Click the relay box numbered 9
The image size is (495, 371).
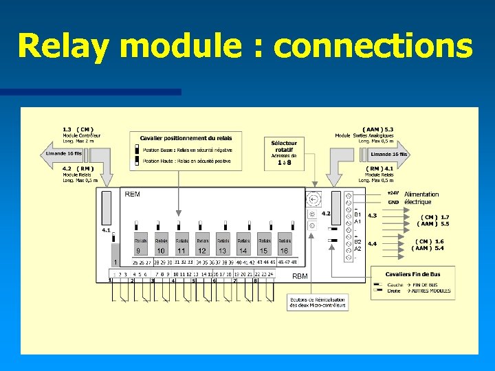pyautogui.click(x=140, y=246)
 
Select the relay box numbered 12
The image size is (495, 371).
pyautogui.click(x=202, y=246)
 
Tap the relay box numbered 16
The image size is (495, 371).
pyautogui.click(x=284, y=246)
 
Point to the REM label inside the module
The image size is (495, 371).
pyautogui.click(x=133, y=194)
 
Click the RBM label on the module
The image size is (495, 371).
pyautogui.click(x=300, y=276)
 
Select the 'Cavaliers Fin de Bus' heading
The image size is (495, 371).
pyautogui.click(x=413, y=273)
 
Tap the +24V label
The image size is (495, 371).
pyautogui.click(x=393, y=193)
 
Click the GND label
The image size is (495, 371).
pyautogui.click(x=393, y=202)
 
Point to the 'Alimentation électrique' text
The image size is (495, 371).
pyautogui.click(x=421, y=198)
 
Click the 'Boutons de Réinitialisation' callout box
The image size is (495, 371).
pyautogui.click(x=317, y=303)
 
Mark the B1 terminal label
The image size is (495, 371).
pyautogui.click(x=357, y=214)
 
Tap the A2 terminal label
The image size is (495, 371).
pyautogui.click(x=357, y=249)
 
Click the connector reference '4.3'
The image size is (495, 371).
pyautogui.click(x=372, y=216)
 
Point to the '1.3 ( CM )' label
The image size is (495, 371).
pyautogui.click(x=78, y=129)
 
